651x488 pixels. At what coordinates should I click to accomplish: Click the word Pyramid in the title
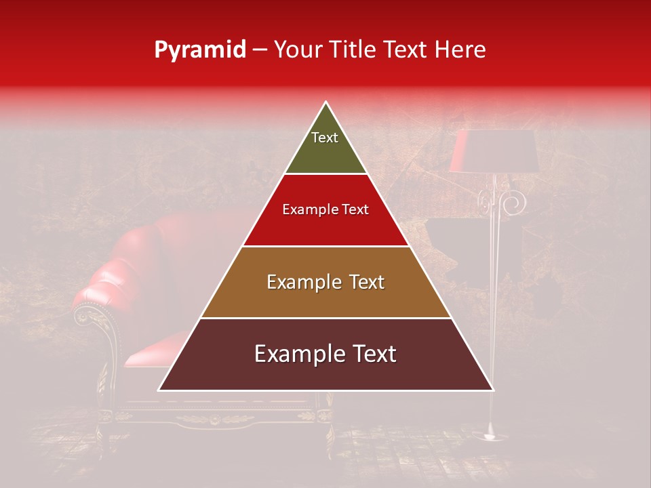point(199,50)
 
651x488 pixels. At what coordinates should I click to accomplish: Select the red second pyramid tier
point(325,224)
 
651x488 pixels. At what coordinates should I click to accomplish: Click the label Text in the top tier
point(324,138)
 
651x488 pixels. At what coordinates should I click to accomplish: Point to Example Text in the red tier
point(325,209)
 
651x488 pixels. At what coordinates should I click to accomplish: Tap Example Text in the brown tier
point(325,282)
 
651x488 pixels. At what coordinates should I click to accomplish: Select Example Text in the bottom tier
point(325,354)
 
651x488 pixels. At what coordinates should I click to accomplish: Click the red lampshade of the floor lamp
point(493,150)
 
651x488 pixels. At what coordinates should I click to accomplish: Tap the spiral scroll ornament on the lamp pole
point(514,201)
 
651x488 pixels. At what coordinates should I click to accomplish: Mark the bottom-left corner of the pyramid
point(159,390)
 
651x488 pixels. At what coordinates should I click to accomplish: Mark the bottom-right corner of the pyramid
point(493,390)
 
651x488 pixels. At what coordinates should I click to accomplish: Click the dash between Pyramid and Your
point(260,50)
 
